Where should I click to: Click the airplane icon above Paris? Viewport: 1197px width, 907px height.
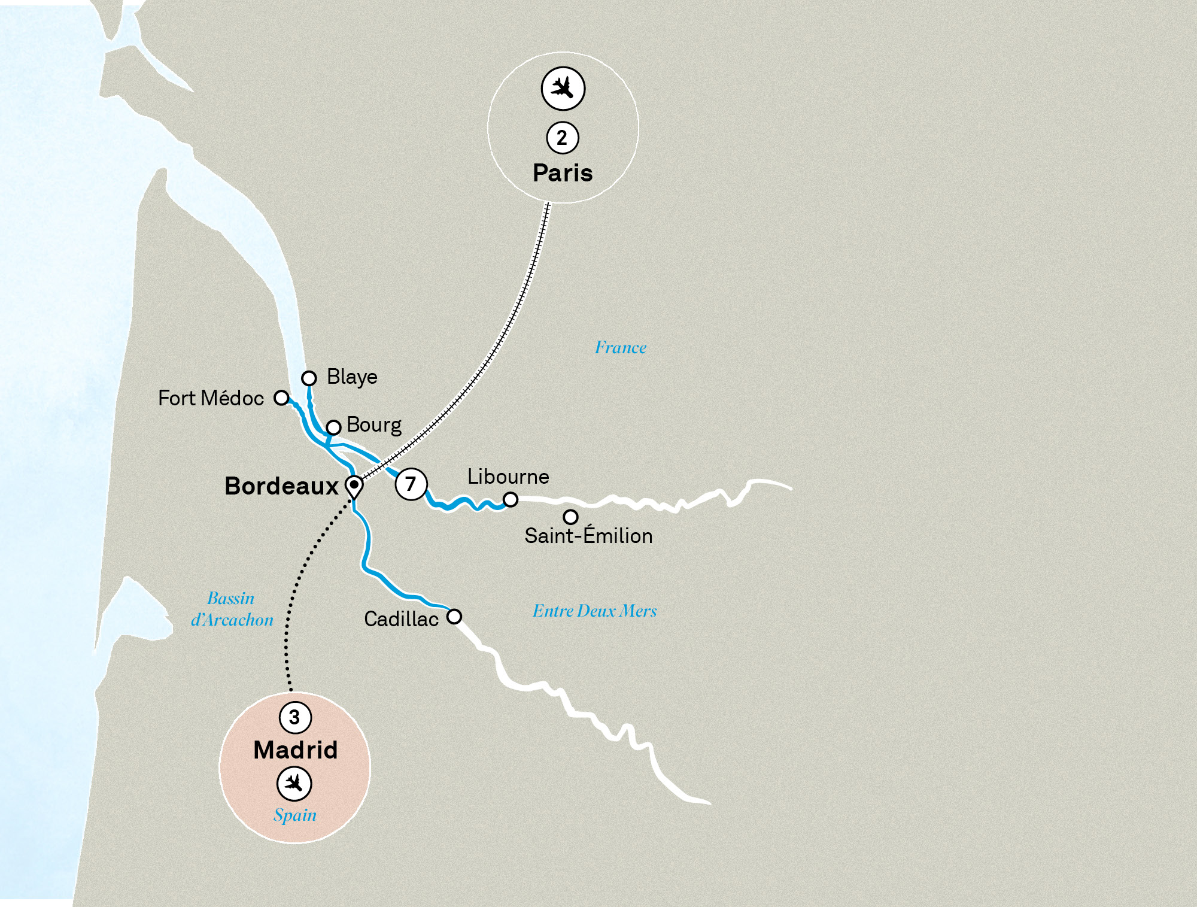pyautogui.click(x=563, y=89)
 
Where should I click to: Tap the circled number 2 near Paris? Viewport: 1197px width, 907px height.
pyautogui.click(x=563, y=138)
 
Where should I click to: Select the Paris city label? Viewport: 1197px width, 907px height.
pyautogui.click(x=563, y=173)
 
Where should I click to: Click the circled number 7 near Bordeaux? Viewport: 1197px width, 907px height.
pyautogui.click(x=411, y=484)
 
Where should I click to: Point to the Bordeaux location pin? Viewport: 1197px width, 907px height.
pyautogui.click(x=354, y=486)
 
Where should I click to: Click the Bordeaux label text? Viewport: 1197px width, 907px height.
pyautogui.click(x=281, y=486)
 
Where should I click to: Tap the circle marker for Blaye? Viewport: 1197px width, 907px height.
pyautogui.click(x=309, y=378)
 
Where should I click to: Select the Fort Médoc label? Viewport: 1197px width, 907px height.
pyautogui.click(x=211, y=398)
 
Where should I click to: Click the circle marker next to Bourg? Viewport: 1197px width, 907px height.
pyautogui.click(x=333, y=427)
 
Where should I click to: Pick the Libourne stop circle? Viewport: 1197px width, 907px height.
pyautogui.click(x=510, y=499)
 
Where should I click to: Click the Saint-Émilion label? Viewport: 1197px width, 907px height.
pyautogui.click(x=588, y=536)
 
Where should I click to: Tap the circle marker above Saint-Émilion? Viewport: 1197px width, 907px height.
pyautogui.click(x=570, y=517)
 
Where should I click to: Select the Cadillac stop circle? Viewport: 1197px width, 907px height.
pyautogui.click(x=454, y=617)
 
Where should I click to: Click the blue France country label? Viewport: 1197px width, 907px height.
pyautogui.click(x=621, y=348)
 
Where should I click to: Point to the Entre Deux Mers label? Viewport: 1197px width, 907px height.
pyautogui.click(x=594, y=611)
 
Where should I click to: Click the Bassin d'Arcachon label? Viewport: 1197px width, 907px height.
pyautogui.click(x=232, y=609)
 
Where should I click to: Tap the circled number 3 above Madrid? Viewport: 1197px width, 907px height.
pyautogui.click(x=295, y=717)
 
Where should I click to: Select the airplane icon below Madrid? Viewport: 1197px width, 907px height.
pyautogui.click(x=294, y=784)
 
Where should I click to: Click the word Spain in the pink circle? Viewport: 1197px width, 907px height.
pyautogui.click(x=295, y=815)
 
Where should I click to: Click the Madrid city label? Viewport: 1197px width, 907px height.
pyautogui.click(x=295, y=750)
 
